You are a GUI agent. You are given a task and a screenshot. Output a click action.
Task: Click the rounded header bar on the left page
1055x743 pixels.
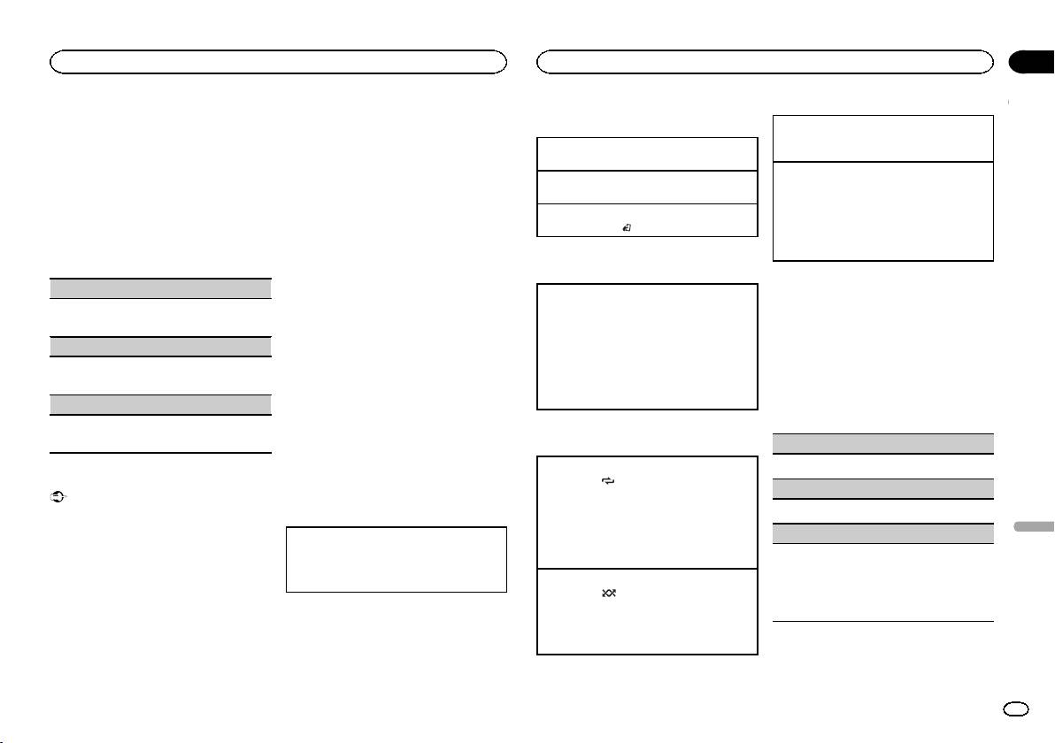click(x=278, y=62)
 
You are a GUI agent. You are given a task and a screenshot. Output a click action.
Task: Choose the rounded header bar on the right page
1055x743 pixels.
click(x=766, y=62)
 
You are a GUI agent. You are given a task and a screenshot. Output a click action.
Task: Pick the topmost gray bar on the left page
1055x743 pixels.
click(x=159, y=288)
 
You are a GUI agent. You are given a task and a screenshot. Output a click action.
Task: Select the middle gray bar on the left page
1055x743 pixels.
click(x=159, y=347)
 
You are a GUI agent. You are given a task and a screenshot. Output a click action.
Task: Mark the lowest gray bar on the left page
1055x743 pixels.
click(x=159, y=405)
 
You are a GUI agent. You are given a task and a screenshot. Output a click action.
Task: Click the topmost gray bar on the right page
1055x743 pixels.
click(x=882, y=444)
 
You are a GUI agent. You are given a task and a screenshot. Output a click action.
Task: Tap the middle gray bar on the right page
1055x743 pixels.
click(x=882, y=489)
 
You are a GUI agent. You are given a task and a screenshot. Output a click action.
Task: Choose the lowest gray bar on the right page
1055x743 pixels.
click(x=882, y=533)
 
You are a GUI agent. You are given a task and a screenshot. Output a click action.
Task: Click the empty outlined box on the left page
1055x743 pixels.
click(x=397, y=560)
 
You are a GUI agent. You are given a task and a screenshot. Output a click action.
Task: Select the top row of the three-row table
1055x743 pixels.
click(x=647, y=154)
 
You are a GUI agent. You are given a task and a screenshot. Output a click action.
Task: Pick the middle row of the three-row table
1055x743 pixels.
click(x=647, y=187)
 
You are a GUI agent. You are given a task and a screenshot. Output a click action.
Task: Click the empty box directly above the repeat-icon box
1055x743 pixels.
click(x=647, y=346)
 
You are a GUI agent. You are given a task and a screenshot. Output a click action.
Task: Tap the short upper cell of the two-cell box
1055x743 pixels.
click(x=882, y=138)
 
